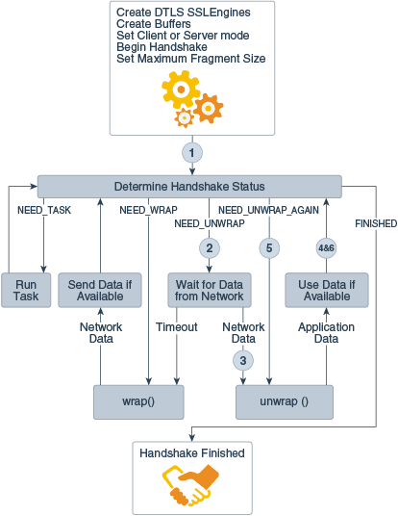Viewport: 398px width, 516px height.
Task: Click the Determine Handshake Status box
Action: (x=188, y=186)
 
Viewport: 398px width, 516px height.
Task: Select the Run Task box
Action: (x=25, y=291)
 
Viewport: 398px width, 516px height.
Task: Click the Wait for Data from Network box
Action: (x=209, y=291)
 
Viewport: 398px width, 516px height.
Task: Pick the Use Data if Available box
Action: (x=326, y=291)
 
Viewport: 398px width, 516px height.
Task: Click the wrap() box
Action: (x=138, y=401)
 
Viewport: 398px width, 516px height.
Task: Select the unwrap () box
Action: (x=285, y=401)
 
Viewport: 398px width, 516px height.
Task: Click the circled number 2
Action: (x=208, y=247)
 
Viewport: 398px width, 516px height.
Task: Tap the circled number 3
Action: (x=243, y=361)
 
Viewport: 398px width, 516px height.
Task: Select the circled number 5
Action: (x=269, y=247)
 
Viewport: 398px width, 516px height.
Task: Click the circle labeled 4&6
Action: (x=326, y=247)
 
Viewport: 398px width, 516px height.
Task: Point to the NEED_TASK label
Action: (x=44, y=208)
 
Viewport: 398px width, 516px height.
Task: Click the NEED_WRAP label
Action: (x=146, y=208)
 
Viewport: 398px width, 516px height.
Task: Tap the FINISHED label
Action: (x=376, y=223)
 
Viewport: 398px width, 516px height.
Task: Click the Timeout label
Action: (x=176, y=327)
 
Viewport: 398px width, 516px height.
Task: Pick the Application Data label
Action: (x=326, y=334)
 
